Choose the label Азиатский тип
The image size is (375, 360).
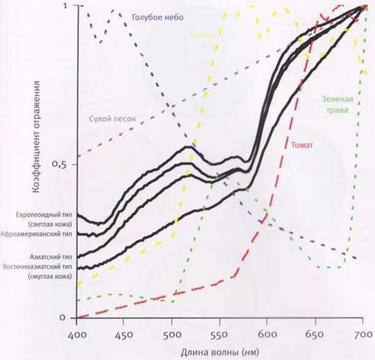[52, 256]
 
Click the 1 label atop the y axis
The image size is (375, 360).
[66, 6]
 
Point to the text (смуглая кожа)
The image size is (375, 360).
[51, 278]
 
